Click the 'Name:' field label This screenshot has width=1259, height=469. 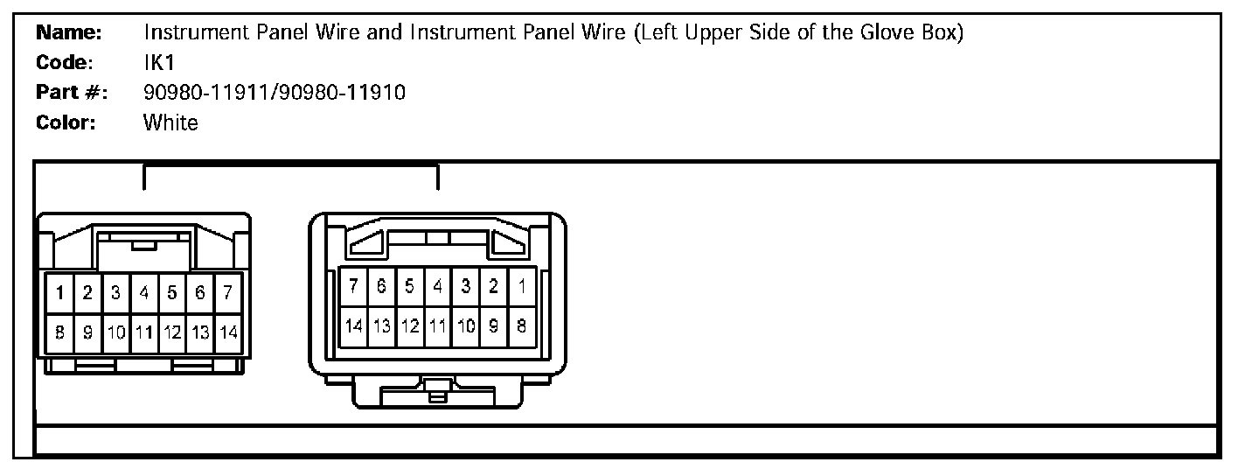(69, 34)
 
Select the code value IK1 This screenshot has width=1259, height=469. (159, 63)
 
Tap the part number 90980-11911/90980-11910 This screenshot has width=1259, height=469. (274, 93)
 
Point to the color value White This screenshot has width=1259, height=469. (170, 122)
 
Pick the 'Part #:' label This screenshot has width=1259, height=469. (71, 93)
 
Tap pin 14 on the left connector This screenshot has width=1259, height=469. (228, 332)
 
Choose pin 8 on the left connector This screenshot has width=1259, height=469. (59, 332)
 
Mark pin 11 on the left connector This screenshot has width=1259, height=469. (144, 332)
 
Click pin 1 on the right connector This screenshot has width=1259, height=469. (522, 285)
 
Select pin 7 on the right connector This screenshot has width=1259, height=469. (353, 285)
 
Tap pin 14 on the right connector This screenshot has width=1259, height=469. (353, 325)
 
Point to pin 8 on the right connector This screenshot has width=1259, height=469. (522, 325)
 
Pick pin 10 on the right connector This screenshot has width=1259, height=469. (466, 325)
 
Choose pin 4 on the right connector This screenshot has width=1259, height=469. (437, 285)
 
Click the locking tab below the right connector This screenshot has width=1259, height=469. (437, 390)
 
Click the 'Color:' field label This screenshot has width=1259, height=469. (66, 122)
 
